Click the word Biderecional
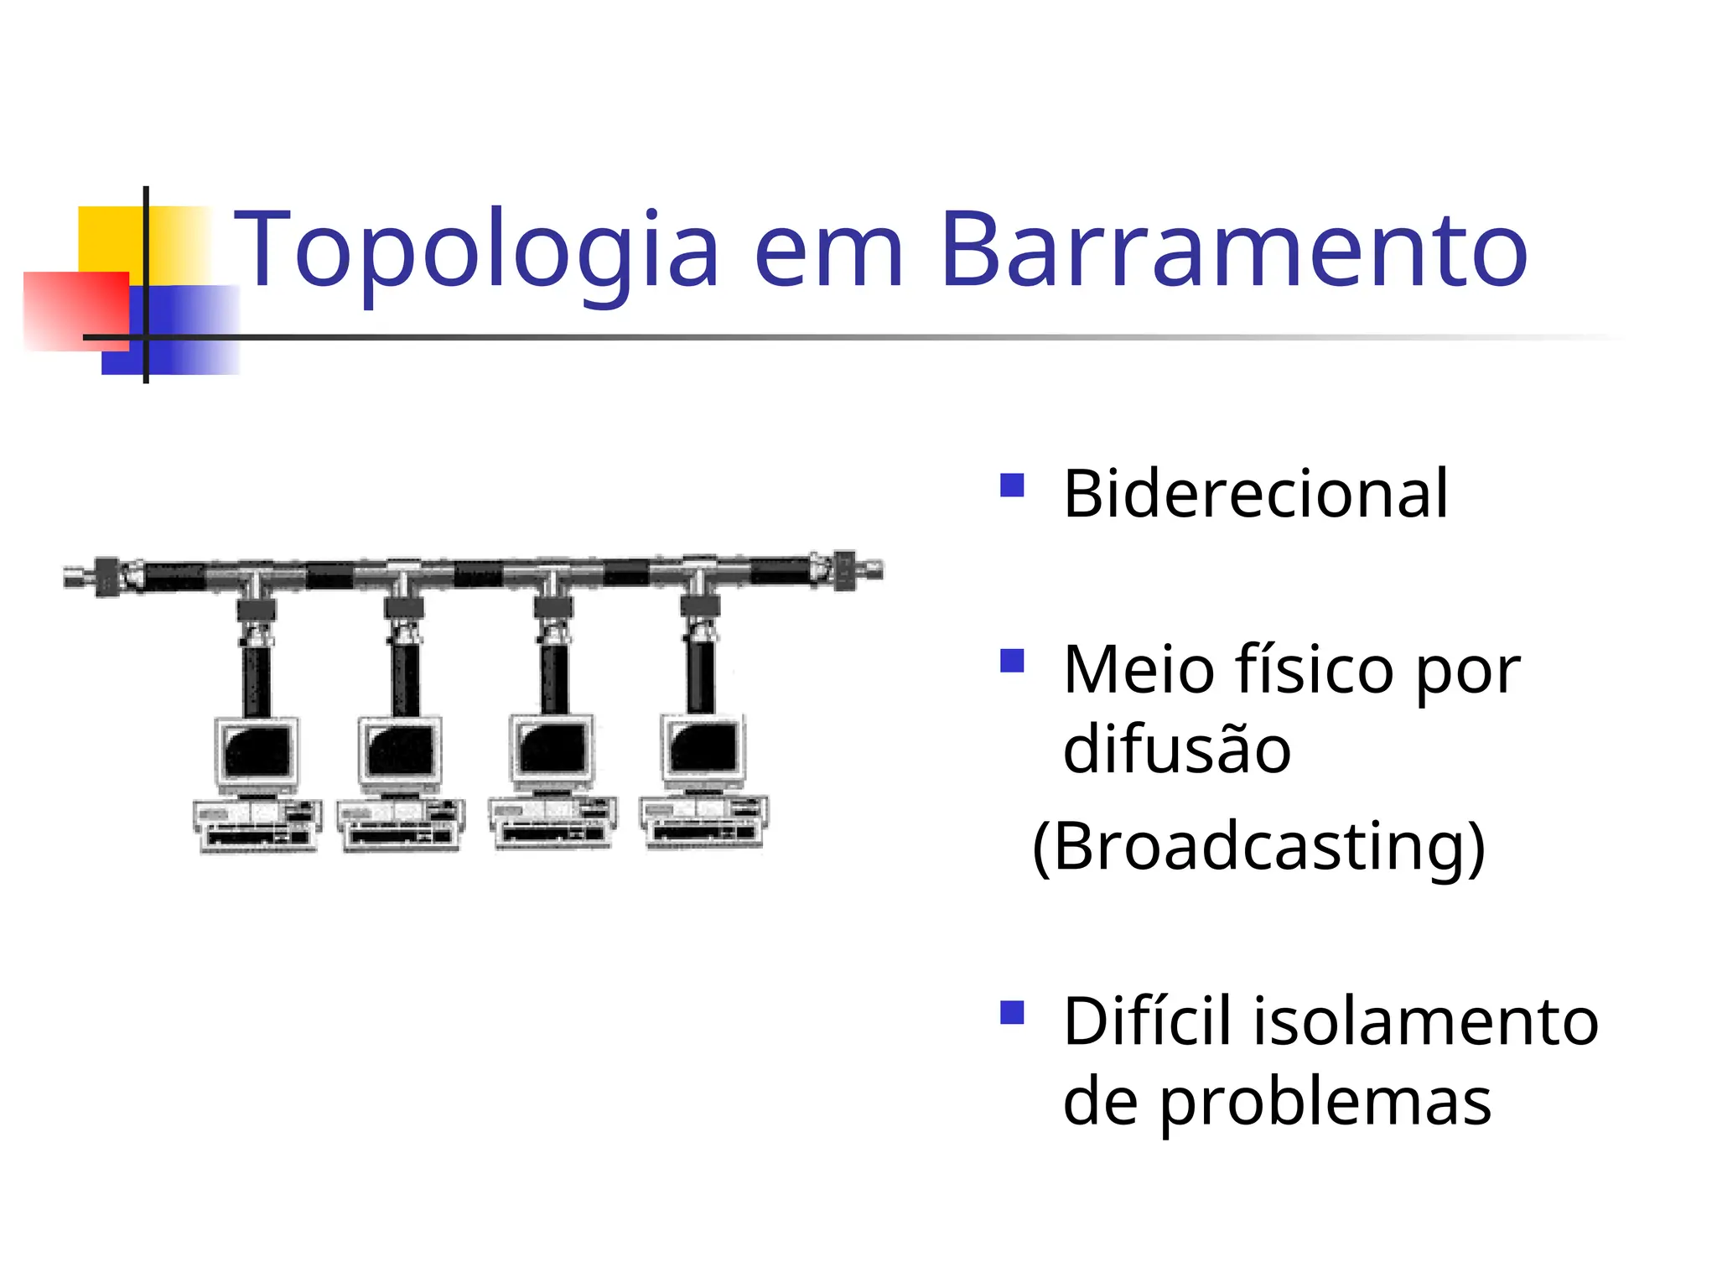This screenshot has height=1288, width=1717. (x=1255, y=494)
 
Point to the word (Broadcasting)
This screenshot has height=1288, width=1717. (x=1258, y=846)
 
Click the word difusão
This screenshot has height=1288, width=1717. (x=1176, y=749)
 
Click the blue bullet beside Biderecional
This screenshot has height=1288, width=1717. (x=1012, y=486)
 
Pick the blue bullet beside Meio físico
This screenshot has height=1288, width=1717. (x=1012, y=662)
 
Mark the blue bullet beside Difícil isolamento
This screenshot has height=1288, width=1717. (x=1012, y=1013)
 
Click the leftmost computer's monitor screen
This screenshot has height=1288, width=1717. (x=257, y=750)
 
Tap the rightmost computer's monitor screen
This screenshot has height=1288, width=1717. (x=703, y=745)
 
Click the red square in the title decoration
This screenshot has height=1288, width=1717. (x=75, y=310)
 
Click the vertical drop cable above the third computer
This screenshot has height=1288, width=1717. (x=553, y=679)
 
